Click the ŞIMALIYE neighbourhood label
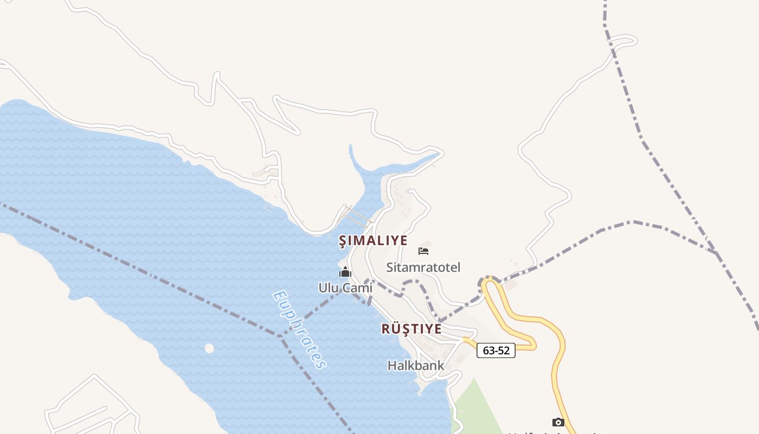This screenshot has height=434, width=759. pyautogui.click(x=373, y=240)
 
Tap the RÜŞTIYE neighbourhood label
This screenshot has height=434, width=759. pyautogui.click(x=411, y=329)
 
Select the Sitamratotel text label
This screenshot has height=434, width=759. pyautogui.click(x=423, y=267)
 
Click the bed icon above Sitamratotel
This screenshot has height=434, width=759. pyautogui.click(x=423, y=251)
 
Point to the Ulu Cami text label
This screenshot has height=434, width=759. pyautogui.click(x=345, y=288)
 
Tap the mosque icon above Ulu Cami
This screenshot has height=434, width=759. pyautogui.click(x=345, y=272)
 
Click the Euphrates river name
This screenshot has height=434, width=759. pyautogui.click(x=299, y=330)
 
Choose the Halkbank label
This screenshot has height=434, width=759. pyautogui.click(x=415, y=366)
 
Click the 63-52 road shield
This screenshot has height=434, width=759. pyautogui.click(x=496, y=350)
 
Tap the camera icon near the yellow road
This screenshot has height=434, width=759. pyautogui.click(x=558, y=422)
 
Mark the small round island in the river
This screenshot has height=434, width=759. pyautogui.click(x=209, y=348)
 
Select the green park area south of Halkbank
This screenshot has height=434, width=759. pyautogui.click(x=477, y=407)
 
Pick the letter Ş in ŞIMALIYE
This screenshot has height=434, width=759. pyautogui.click(x=342, y=241)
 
